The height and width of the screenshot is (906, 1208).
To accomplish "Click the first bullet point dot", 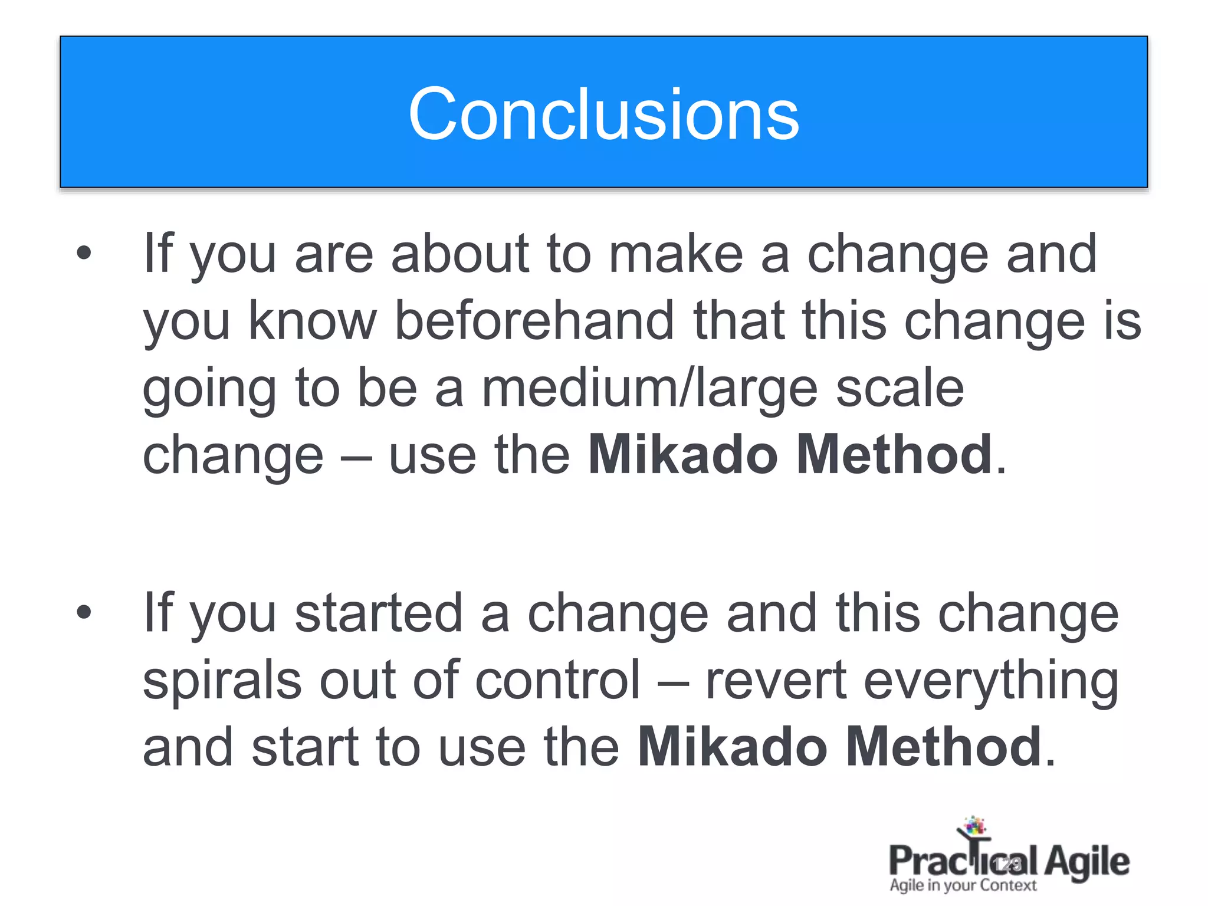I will point(84,254).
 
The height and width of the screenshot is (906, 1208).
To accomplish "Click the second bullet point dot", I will point(84,612).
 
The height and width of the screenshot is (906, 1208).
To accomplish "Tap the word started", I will point(379,613).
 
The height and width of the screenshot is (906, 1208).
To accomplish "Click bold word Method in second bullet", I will point(944,747).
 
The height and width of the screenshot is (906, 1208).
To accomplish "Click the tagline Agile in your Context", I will point(963,885).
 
